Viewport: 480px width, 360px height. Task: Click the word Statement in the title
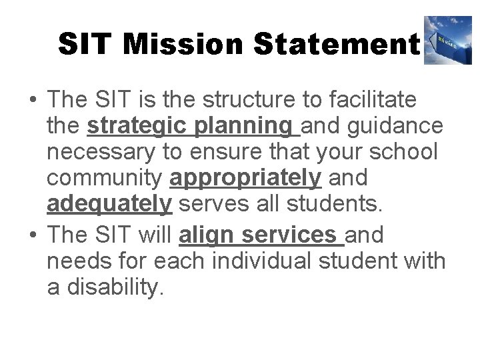coord(336,44)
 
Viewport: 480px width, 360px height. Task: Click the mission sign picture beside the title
coord(447,41)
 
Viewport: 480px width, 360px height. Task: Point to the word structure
coord(233,100)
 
